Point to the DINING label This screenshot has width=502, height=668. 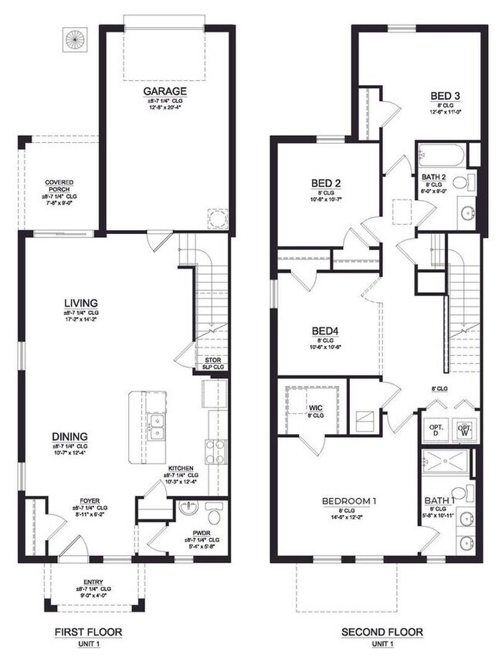coord(70,436)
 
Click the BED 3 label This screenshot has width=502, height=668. coord(446,96)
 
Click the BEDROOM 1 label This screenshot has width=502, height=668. coord(349,501)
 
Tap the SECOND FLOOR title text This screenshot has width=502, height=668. coord(382,632)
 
